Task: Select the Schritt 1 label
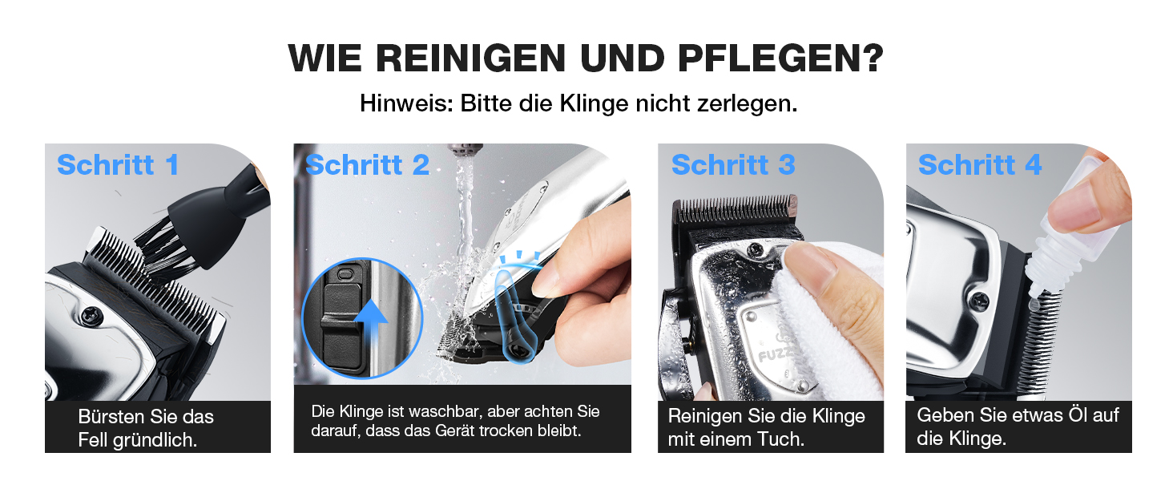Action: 119,164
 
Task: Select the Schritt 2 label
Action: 368,164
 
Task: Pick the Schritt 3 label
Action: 733,164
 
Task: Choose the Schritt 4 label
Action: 980,164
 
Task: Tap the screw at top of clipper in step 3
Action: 755,250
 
